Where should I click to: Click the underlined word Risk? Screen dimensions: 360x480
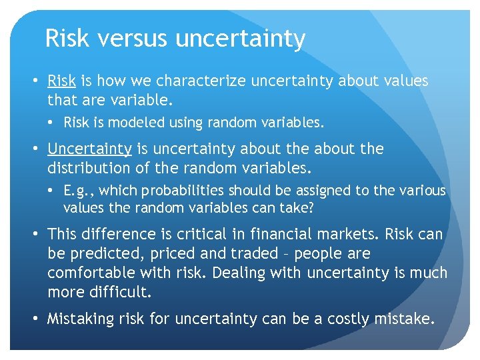(x=61, y=81)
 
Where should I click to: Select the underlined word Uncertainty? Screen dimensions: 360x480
(x=89, y=149)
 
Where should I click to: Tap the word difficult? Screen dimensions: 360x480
(x=117, y=293)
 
